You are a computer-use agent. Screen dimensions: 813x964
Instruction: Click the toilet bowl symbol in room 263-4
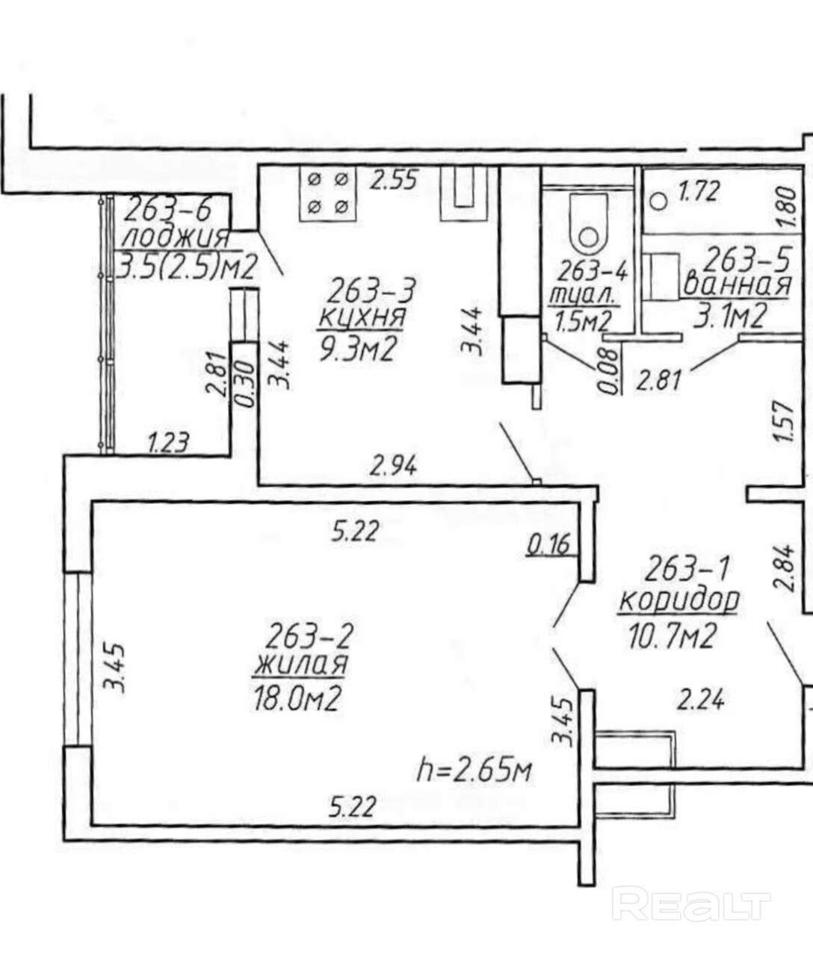coord(589,225)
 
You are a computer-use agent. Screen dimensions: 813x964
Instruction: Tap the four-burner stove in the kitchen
coord(327,193)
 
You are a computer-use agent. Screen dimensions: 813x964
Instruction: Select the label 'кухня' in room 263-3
coord(362,317)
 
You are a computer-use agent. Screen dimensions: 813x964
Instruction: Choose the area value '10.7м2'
coord(673,636)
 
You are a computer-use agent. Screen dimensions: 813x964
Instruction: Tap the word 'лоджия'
coord(175,237)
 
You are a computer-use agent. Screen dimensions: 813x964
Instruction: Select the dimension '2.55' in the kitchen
coord(395,181)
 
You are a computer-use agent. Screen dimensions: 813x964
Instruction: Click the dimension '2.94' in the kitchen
coord(394,467)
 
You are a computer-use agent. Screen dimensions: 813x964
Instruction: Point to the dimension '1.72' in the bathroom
coord(699,192)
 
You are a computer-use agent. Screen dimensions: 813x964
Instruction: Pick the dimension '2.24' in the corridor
coord(700,700)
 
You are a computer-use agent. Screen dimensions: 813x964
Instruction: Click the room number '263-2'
coord(308,636)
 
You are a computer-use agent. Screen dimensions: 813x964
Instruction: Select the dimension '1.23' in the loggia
coord(167,444)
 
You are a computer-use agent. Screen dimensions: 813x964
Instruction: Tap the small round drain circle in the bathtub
coord(658,200)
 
